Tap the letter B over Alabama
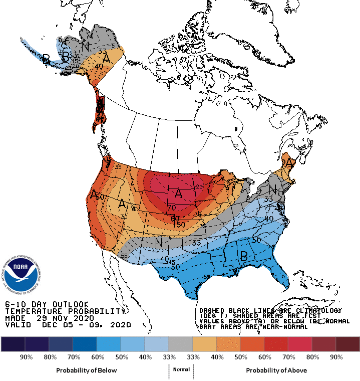[x=244, y=256]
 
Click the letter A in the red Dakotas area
[x=178, y=193]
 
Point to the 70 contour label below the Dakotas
[x=171, y=208]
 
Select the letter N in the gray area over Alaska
[x=86, y=46]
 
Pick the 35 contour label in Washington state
[x=118, y=167]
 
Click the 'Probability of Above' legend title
[x=276, y=370]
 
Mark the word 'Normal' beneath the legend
[x=181, y=369]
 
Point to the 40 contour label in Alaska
[x=99, y=66]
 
